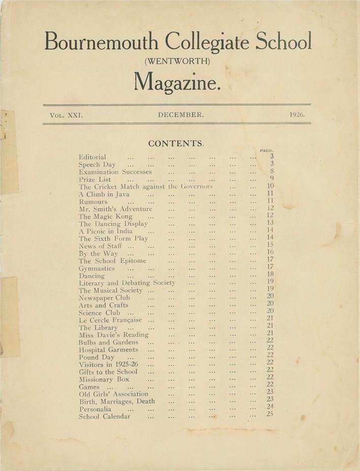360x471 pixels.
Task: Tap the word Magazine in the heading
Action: coord(177,81)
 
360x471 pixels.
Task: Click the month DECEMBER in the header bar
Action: coord(181,115)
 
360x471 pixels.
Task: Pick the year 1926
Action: coord(297,115)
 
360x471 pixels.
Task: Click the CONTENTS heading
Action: coord(176,144)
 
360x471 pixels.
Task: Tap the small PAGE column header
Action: coord(267,150)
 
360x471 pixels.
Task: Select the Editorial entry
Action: coord(92,157)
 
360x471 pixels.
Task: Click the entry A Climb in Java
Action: coord(104,194)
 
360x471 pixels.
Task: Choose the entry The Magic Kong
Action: coord(106,216)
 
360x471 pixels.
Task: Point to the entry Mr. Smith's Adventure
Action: coord(115,209)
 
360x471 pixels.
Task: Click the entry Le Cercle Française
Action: coord(110,320)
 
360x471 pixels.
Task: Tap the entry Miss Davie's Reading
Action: coord(114,335)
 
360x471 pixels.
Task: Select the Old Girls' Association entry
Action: coord(114,394)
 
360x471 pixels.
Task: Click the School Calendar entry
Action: coord(105,417)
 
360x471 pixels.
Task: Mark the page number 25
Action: coord(270,414)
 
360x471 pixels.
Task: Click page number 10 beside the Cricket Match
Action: coord(270,186)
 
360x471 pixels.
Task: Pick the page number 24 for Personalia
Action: coord(270,406)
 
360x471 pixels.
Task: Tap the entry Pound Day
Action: coord(96,357)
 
